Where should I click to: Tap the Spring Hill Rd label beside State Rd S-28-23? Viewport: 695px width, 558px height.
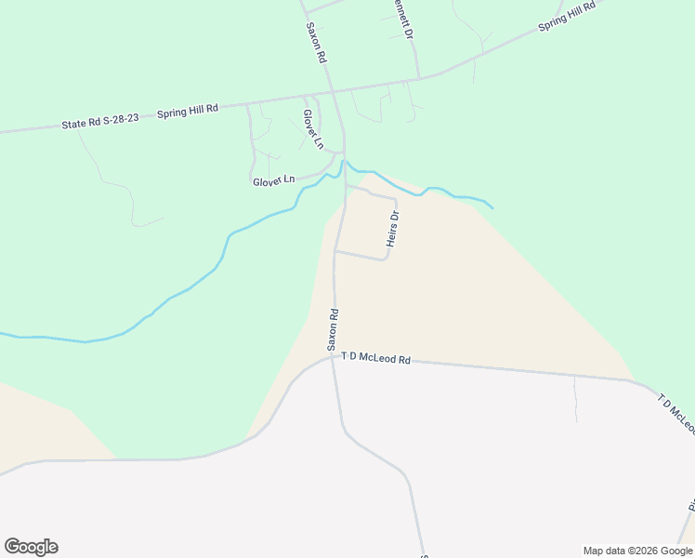(x=188, y=110)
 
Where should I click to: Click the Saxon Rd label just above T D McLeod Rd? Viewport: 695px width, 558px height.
(x=333, y=329)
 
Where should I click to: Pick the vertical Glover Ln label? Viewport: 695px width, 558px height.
(x=312, y=129)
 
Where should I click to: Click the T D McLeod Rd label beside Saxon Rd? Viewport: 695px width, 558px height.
(x=375, y=357)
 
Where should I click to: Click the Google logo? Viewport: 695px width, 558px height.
(x=31, y=547)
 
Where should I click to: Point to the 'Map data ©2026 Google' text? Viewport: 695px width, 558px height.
(x=638, y=551)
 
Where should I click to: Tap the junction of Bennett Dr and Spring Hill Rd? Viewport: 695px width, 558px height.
(x=418, y=76)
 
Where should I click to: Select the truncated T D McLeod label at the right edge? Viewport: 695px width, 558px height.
(x=676, y=413)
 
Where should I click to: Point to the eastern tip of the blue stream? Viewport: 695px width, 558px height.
(x=492, y=207)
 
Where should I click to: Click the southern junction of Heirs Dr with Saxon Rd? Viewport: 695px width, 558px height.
(x=335, y=250)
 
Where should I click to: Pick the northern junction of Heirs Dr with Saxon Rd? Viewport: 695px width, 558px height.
(x=346, y=186)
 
